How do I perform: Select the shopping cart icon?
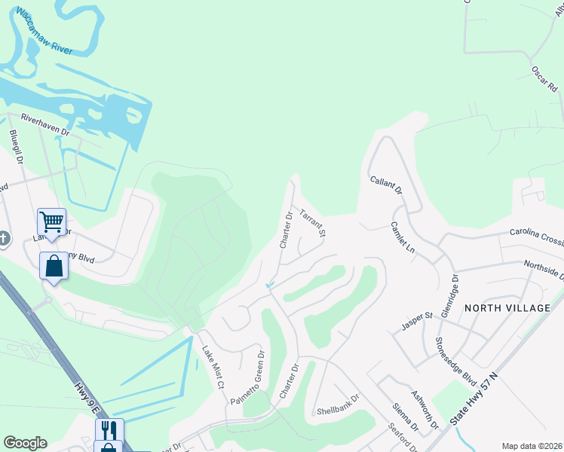click(51, 221)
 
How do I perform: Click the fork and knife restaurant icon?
click(109, 430)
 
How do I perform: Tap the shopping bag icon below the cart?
click(54, 265)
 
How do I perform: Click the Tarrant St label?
click(313, 223)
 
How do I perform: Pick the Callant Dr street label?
click(386, 185)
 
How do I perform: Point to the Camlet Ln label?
click(403, 237)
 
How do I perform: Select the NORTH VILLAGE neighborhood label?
click(508, 308)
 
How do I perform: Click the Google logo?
click(25, 443)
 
